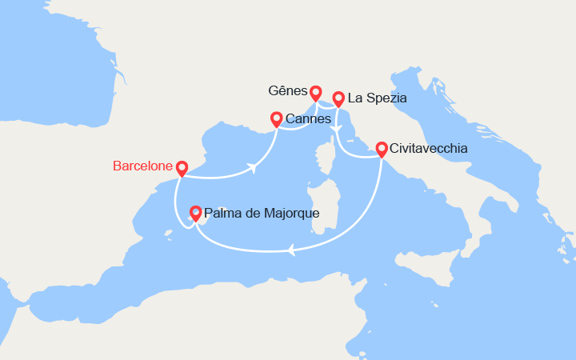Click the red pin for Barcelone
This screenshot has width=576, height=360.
[182, 168]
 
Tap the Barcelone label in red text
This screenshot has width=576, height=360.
[142, 166]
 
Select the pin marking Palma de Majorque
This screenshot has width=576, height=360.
[194, 213]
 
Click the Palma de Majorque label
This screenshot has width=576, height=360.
[262, 214]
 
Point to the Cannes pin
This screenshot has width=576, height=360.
[276, 119]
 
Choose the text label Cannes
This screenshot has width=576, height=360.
[308, 119]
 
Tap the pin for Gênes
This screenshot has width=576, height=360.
[316, 93]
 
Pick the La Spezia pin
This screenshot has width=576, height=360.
[338, 98]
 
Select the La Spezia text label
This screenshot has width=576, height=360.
[378, 98]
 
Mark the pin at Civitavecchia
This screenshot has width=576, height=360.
[382, 149]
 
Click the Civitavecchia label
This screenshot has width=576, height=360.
[428, 149]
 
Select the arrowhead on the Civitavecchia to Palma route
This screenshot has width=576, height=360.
[291, 250]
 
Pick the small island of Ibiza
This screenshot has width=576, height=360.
[169, 234]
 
